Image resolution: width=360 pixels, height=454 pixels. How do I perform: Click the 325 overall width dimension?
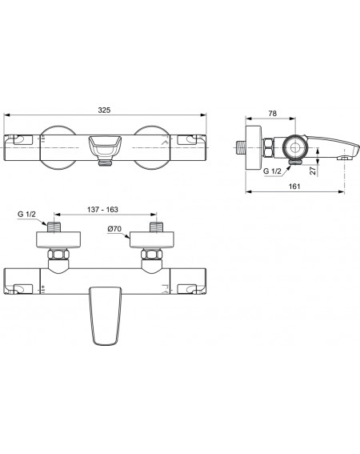(x=104, y=110)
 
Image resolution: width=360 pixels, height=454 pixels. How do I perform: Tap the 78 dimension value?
(x=272, y=114)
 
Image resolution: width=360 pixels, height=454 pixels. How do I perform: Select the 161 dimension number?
(x=294, y=187)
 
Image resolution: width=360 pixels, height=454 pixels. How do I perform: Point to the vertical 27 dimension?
(x=313, y=170)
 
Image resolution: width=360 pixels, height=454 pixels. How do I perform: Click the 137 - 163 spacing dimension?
(x=102, y=209)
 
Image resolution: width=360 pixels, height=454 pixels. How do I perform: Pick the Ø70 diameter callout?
(x=114, y=229)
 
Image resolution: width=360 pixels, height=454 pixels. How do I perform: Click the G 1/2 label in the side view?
(x=272, y=171)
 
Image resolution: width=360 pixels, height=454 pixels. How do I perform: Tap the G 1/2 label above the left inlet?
(x=26, y=215)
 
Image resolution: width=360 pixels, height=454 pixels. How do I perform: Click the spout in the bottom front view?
(x=105, y=316)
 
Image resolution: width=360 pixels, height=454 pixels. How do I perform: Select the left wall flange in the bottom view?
(x=58, y=239)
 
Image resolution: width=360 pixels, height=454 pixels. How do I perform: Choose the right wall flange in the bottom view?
(x=152, y=239)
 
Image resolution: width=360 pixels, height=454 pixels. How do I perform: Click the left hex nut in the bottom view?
(x=58, y=254)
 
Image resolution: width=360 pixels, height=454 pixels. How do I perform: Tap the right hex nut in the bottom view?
(x=152, y=254)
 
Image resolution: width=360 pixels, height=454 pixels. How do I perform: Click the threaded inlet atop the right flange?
(x=157, y=227)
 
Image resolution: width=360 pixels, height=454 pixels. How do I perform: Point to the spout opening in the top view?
(x=105, y=147)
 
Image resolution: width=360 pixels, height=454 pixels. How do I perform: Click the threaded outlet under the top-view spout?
(x=105, y=163)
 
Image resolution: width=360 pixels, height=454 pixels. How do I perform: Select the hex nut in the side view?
(x=269, y=147)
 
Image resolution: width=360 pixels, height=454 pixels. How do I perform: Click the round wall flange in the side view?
(x=254, y=148)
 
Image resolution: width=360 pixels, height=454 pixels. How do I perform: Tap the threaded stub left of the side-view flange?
(x=241, y=148)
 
